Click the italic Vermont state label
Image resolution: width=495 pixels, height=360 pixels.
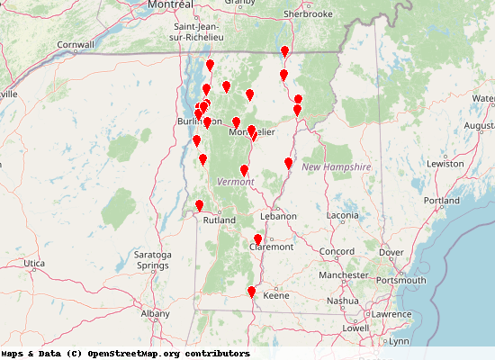coord(236,182)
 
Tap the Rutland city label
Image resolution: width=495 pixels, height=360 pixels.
coord(219,220)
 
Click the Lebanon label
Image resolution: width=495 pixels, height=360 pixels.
coord(278,216)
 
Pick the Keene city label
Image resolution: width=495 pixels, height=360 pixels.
coord(276,295)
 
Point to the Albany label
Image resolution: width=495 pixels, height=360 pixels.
coord(155,313)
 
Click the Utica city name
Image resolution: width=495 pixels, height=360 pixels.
coord(33,263)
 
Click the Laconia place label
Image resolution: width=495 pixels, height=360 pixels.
coord(342,216)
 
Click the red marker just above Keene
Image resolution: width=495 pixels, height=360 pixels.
coord(252,292)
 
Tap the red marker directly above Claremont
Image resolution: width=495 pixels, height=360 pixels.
coord(258,239)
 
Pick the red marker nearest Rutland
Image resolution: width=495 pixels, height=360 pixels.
coord(200,205)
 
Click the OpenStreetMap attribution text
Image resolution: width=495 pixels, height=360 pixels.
coord(126,354)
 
